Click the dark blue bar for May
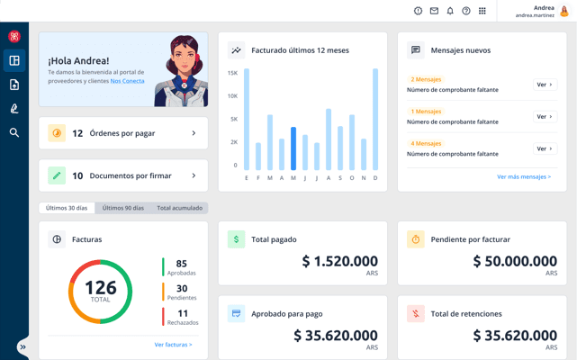click(293, 148)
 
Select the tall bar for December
click(375, 120)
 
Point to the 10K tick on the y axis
click(232, 96)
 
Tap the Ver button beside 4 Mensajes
click(545, 148)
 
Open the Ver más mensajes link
click(524, 176)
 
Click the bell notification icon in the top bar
click(450, 11)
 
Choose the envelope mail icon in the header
click(434, 11)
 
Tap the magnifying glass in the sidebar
click(14, 132)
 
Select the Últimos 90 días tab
click(123, 208)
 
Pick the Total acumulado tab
click(179, 208)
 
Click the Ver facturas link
click(174, 345)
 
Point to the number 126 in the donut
click(101, 287)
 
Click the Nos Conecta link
click(127, 81)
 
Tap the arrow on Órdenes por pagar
click(194, 133)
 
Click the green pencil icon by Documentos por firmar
click(57, 175)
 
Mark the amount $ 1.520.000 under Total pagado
click(339, 261)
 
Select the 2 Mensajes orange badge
click(426, 79)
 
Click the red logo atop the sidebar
click(14, 36)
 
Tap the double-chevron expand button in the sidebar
click(23, 347)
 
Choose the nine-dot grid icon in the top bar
click(482, 11)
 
